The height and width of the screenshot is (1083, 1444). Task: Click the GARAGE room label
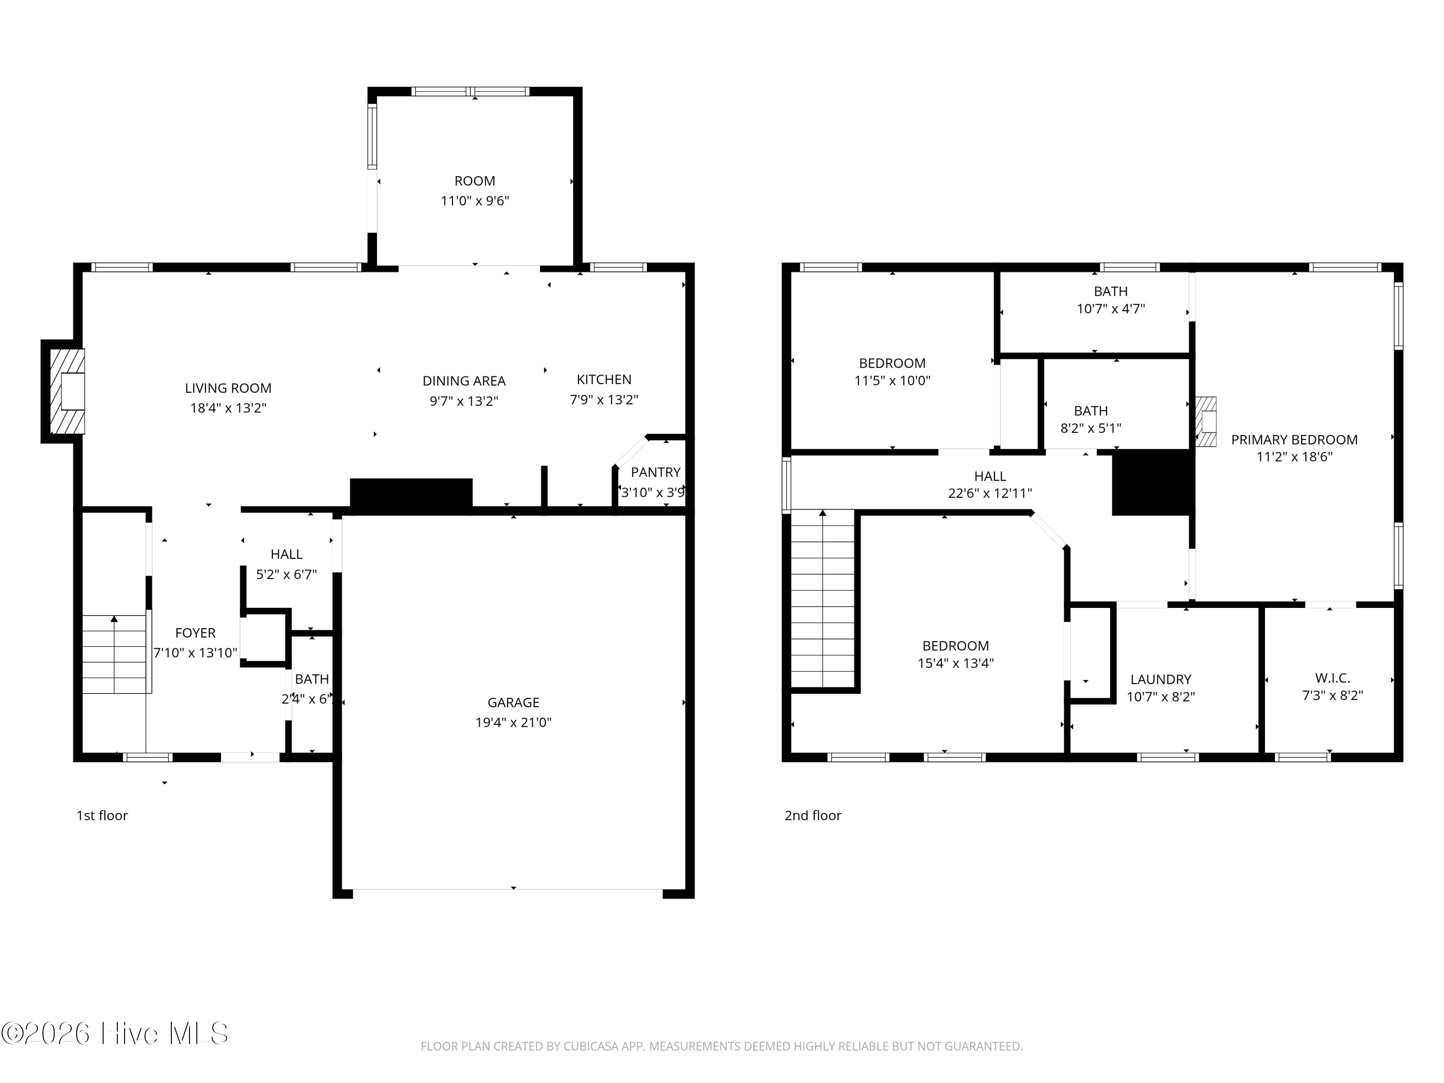513,702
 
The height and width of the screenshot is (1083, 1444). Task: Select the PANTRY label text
656,472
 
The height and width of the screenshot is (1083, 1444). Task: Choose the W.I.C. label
1332,678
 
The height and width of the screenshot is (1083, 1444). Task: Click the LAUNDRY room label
1160,680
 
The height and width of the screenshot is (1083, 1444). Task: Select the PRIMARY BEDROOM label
1294,440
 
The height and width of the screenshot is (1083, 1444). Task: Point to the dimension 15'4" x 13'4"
956,663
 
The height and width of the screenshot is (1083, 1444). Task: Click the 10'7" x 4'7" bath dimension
1111,309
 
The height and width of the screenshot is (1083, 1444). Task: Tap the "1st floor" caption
103,815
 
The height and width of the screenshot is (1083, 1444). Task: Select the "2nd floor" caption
813,815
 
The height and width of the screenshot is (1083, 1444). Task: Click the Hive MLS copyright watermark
115,1033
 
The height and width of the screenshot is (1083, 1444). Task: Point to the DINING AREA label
464,381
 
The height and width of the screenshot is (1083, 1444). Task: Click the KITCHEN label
604,379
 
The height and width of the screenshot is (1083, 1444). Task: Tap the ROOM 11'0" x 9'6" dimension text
475,200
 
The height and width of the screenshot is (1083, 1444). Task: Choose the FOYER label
195,632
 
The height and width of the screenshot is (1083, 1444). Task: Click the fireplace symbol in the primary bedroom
1206,422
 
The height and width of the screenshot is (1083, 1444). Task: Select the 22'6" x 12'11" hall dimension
990,493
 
